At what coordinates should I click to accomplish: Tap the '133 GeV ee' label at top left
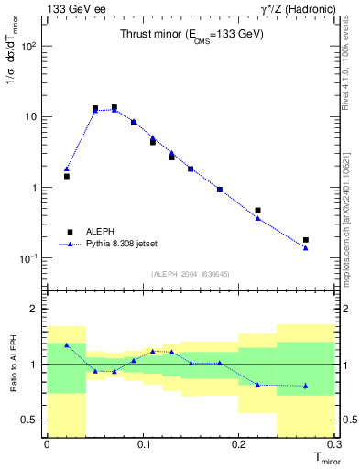pos(71,8)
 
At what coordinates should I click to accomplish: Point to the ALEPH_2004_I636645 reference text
pos(191,273)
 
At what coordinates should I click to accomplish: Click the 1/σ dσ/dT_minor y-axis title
pos(13,55)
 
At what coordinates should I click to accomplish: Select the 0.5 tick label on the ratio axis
pos(31,420)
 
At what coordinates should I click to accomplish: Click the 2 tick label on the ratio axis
pos(37,309)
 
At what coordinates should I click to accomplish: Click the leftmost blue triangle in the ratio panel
pos(66,345)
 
